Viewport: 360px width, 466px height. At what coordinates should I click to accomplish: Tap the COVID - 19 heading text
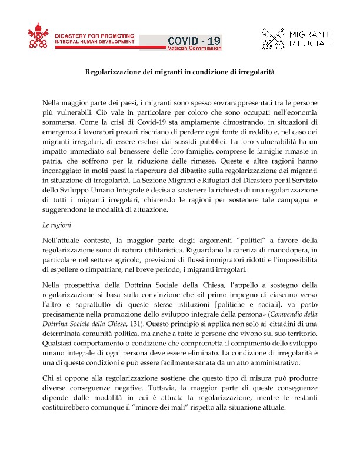(x=195, y=40)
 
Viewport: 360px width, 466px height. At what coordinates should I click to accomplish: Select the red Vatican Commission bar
(x=195, y=48)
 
